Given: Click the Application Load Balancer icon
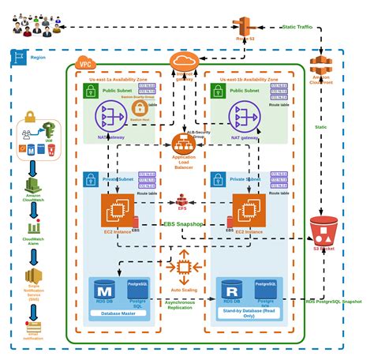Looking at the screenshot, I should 183,144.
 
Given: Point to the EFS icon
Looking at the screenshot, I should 183,199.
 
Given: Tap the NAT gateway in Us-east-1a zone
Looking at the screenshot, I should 110,117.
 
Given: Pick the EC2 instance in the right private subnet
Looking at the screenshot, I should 247,210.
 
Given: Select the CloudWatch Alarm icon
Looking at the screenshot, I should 32,230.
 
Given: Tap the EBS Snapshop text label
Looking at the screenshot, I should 183,223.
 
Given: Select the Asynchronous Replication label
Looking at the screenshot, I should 183,305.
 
